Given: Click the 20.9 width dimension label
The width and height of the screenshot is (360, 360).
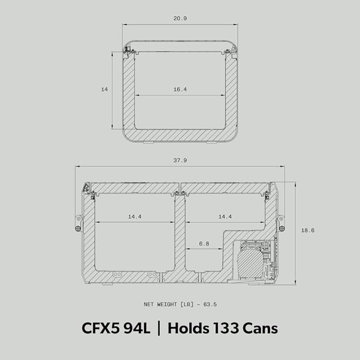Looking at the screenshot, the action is pos(180,19).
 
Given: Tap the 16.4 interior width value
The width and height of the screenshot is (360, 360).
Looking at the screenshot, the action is pos(180,89).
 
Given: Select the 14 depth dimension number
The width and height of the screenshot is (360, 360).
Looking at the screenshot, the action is pos(104,89).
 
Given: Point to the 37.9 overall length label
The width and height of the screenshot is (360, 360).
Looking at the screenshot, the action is pos(180,160).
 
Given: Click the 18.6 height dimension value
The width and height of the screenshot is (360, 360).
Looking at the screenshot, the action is pos(308,230).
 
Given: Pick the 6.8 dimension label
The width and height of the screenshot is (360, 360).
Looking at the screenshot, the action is pos(204,243).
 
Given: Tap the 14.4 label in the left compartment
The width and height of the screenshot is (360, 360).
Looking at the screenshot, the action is pos(135,216).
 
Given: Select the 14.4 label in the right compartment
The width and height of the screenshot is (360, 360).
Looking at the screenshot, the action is pos(225,216).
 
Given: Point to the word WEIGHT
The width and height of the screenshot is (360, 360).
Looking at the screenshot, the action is pos(167,304).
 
